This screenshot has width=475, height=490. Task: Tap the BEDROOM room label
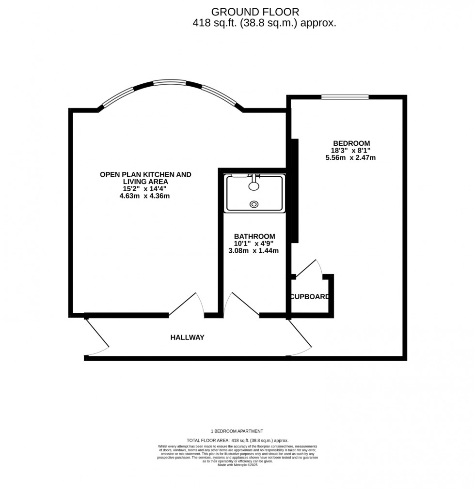(351, 143)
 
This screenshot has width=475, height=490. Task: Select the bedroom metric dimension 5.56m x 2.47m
(351, 157)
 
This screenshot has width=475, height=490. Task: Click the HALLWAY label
(187, 337)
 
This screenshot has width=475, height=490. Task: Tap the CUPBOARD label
(310, 297)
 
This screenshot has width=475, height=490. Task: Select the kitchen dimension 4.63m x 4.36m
(145, 196)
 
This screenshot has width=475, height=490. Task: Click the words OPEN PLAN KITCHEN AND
(145, 174)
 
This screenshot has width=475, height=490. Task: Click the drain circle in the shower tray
(254, 204)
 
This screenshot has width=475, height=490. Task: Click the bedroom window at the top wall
(345, 97)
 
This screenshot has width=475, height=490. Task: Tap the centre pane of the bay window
(170, 82)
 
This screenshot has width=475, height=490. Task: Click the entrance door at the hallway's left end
(97, 337)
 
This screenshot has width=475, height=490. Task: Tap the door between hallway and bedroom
(300, 337)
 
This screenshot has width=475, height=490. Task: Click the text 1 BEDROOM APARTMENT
(237, 431)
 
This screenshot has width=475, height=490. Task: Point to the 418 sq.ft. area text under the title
(264, 23)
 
